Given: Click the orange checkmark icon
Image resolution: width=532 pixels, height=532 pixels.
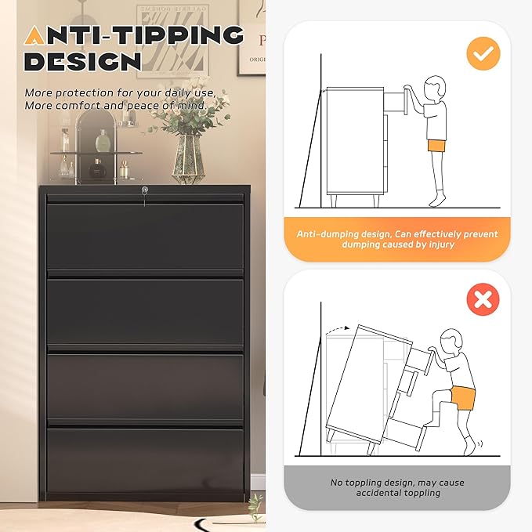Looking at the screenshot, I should coord(483,52).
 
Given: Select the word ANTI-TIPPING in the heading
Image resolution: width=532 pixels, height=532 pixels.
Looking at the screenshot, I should coord(133,35).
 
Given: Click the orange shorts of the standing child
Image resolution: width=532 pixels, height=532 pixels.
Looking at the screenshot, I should coord(436,145).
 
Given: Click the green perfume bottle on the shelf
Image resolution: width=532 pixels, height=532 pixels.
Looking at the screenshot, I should coord(102,141).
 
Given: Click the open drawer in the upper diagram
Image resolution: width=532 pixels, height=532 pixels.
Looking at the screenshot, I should coord(398,101).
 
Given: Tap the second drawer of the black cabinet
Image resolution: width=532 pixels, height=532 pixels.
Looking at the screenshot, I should coord(146,310).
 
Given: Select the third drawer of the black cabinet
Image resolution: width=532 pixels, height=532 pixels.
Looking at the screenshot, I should coord(146,385).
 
